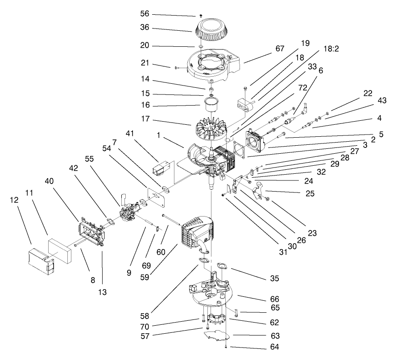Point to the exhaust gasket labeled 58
pos(205,262)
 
